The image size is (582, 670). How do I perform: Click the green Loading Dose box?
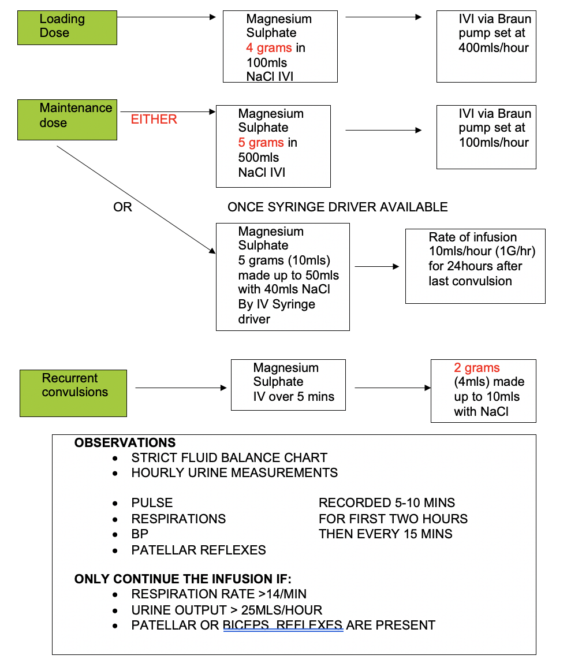(67, 28)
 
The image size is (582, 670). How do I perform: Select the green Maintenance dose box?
(67, 120)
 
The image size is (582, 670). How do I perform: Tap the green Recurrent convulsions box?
(73, 393)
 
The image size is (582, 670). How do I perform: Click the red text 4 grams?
(269, 48)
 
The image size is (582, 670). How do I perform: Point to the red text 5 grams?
(261, 143)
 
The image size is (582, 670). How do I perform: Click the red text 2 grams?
(477, 368)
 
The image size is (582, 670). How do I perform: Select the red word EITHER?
(154, 120)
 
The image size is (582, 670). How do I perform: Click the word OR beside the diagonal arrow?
(122, 207)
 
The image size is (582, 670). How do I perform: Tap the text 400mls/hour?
(494, 48)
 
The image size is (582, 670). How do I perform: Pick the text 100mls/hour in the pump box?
(494, 143)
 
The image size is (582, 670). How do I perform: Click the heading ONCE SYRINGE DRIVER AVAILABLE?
(337, 207)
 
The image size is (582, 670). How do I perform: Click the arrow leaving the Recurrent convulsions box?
(180, 388)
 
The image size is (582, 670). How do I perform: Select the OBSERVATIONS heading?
(125, 443)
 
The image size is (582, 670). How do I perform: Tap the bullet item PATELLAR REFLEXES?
(199, 550)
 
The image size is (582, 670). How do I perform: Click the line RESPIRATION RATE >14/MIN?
(219, 594)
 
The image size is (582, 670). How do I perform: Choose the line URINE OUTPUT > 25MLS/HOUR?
(226, 611)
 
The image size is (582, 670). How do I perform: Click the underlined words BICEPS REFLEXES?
(283, 626)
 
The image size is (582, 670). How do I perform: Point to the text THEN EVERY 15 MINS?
(385, 534)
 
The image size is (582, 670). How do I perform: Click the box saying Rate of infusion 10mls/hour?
(475, 266)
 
